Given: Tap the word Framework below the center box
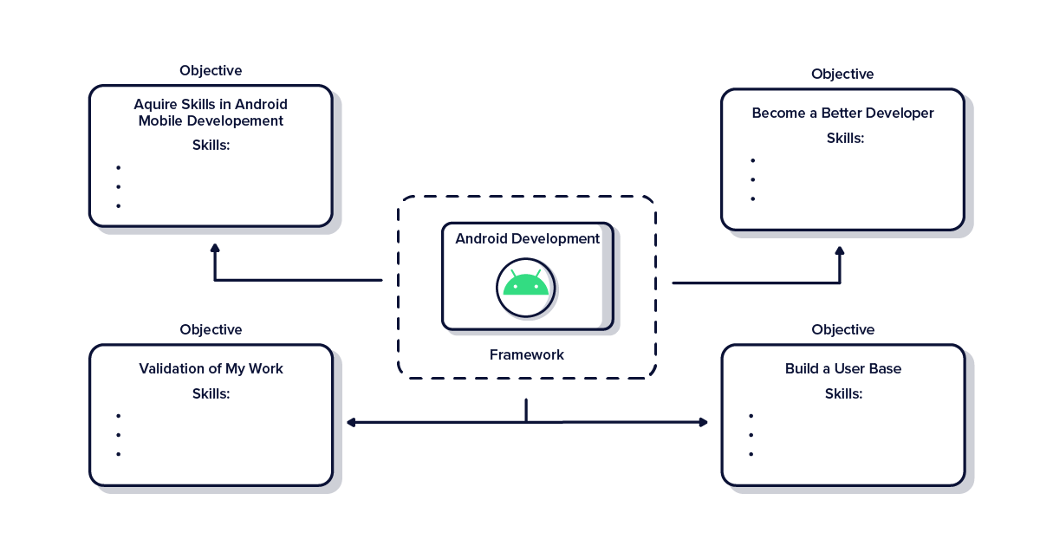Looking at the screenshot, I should coord(526,354).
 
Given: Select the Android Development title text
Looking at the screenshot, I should coord(527,238).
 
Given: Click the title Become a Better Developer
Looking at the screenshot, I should coord(842,113).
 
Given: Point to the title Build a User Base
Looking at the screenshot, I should coord(842,368).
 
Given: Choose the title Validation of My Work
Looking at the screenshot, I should coord(211,368).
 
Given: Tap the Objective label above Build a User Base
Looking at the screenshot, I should coord(842,329).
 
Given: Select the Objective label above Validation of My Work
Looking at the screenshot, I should coord(211,329).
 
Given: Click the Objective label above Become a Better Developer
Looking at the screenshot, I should coord(842,74).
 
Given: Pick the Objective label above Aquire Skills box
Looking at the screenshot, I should coord(211,70).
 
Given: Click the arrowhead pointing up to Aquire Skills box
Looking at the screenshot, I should coord(215,249).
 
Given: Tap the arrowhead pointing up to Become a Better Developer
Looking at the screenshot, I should coord(839,251).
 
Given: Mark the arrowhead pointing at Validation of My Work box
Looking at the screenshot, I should coord(351,422).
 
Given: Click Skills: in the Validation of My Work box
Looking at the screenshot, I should coord(211,393).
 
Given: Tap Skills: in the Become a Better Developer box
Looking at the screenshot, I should coord(845,138).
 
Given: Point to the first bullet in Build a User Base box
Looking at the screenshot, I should coord(751,416).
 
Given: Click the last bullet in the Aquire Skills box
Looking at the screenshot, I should coord(118,205).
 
